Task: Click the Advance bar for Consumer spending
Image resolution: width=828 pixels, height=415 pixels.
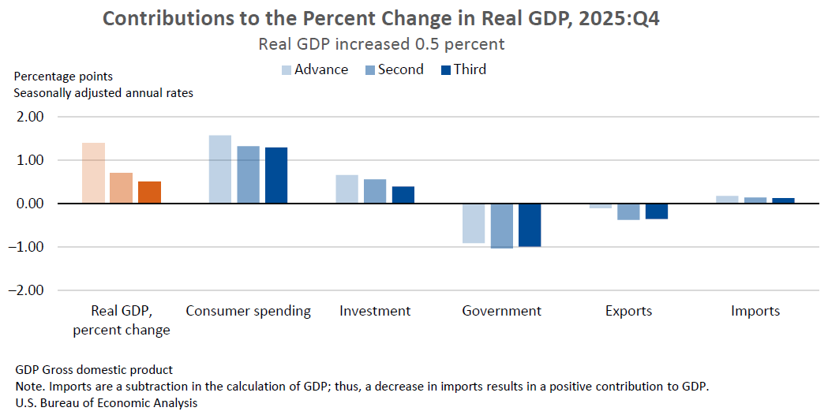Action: [220, 170]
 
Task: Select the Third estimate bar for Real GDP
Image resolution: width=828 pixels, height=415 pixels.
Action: [149, 193]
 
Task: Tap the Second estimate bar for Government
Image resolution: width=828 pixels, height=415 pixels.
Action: [502, 226]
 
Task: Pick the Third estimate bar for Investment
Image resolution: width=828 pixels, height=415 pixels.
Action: [403, 195]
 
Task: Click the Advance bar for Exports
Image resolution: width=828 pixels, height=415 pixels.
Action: [601, 206]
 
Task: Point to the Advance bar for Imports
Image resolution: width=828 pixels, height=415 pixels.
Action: [727, 200]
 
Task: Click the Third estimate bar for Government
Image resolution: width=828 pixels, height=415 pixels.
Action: [530, 225]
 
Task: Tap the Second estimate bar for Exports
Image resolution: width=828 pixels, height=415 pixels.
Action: [628, 211]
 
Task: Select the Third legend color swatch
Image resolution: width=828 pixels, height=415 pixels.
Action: [444, 70]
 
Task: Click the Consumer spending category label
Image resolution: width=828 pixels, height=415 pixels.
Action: [248, 311]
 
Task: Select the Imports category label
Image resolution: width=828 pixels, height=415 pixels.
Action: [755, 311]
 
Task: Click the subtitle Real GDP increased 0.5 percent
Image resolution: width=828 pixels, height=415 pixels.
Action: [381, 44]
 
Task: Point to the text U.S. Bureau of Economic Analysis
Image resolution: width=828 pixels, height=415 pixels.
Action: [106, 402]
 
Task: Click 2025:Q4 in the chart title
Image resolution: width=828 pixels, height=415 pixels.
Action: [614, 18]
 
